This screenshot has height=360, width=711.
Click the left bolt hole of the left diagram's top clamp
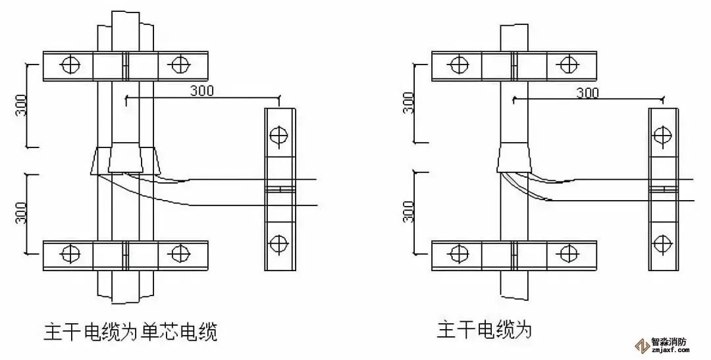[69, 64]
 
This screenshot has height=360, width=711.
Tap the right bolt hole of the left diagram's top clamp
[178, 64]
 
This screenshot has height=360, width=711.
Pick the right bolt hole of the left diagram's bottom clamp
[178, 253]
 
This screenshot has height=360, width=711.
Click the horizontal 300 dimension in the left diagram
[201, 90]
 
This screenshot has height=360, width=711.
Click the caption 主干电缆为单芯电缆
[130, 330]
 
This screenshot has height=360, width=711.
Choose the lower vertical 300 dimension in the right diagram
[408, 213]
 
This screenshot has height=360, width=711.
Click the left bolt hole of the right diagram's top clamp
[456, 64]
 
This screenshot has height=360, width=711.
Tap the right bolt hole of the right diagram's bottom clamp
[566, 253]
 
